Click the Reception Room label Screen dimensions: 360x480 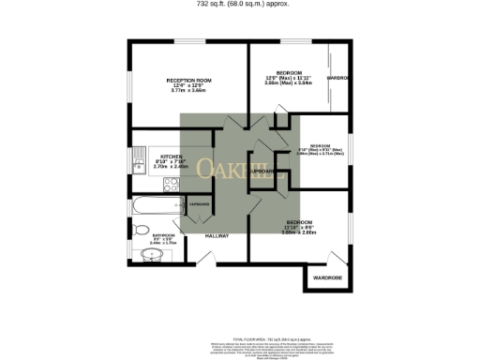tap(189, 81)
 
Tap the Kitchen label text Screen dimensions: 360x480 tap(171, 156)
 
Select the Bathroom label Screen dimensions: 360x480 tap(151, 235)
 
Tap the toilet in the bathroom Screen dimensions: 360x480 tap(141, 229)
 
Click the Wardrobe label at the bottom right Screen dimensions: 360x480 tap(327, 278)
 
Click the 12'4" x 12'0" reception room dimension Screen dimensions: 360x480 tap(189, 86)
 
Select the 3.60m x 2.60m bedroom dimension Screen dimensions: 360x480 tap(299, 232)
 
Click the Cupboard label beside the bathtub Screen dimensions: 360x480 tap(199, 203)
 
